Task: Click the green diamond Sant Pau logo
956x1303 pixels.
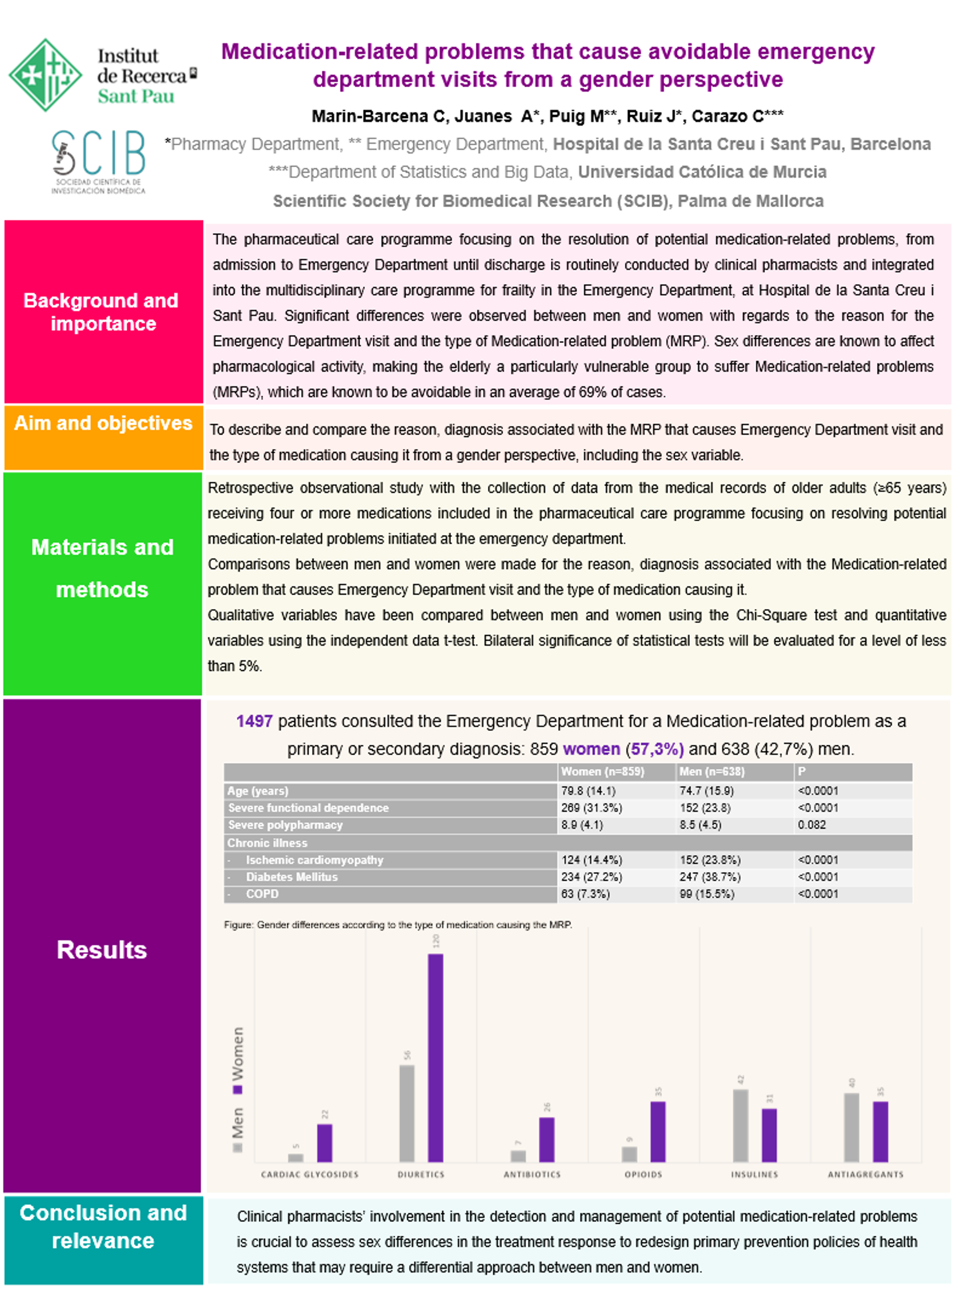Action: click(45, 74)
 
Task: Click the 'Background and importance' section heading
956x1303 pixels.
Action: click(101, 312)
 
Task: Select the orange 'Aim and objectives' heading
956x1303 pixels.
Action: click(103, 424)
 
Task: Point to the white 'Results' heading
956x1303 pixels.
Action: click(102, 950)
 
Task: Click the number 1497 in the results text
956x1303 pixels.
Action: click(254, 721)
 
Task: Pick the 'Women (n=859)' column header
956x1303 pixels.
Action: click(602, 771)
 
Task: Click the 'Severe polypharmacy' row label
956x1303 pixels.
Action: click(285, 824)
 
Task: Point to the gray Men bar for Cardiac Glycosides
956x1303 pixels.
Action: click(296, 1158)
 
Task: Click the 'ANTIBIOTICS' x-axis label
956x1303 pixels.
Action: click(532, 1174)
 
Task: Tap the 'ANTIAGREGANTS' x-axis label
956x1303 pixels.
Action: click(865, 1174)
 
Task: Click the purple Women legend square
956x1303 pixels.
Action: click(237, 1090)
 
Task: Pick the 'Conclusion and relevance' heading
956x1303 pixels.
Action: click(103, 1227)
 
